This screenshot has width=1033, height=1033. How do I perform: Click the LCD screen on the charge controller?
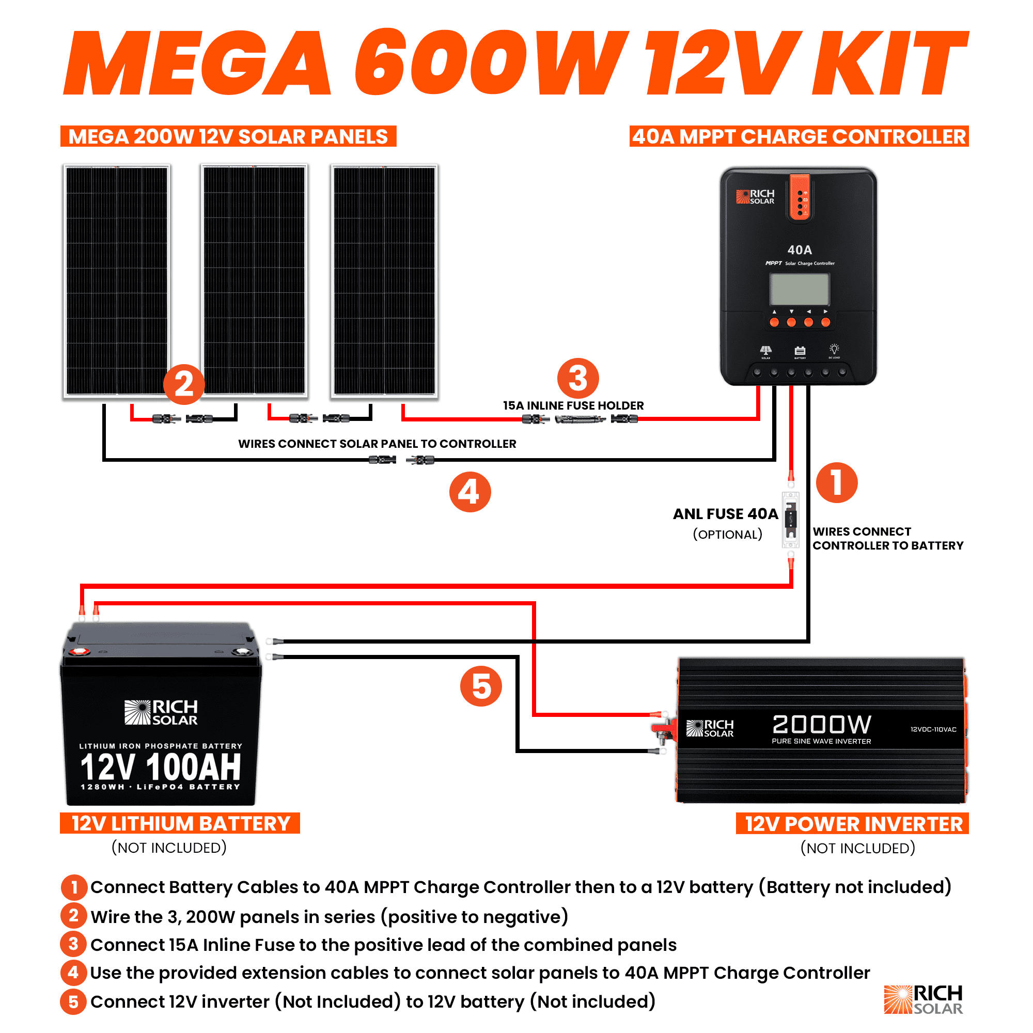coord(799,289)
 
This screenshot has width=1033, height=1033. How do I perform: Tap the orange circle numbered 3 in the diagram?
coord(577,379)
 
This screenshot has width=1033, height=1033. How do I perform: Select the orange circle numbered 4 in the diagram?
coord(469,491)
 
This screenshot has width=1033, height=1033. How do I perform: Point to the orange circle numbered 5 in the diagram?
coord(481,686)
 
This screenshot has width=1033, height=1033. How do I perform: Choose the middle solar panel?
coord(254,280)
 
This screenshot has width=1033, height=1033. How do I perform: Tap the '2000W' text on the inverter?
coord(821,725)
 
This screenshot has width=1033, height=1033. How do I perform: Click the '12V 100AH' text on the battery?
coord(161,766)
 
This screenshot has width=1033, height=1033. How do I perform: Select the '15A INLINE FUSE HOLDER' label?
coord(573,406)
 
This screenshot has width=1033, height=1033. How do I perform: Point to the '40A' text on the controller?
coord(800,249)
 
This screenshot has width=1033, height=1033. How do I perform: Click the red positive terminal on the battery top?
coord(79,651)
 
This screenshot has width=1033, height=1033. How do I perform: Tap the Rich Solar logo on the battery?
coord(161,712)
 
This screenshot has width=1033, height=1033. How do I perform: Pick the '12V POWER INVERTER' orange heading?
coord(852,824)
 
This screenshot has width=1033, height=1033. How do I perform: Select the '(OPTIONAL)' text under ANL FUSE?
coord(727,535)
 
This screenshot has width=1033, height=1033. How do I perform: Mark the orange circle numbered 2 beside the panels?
coord(183,384)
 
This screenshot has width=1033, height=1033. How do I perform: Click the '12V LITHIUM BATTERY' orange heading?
coord(180,823)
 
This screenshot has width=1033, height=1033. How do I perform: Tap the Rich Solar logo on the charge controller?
coord(755,197)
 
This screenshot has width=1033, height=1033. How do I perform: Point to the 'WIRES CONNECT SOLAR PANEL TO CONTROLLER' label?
coord(377,444)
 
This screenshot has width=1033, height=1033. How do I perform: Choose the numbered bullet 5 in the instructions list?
coord(73,1001)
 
